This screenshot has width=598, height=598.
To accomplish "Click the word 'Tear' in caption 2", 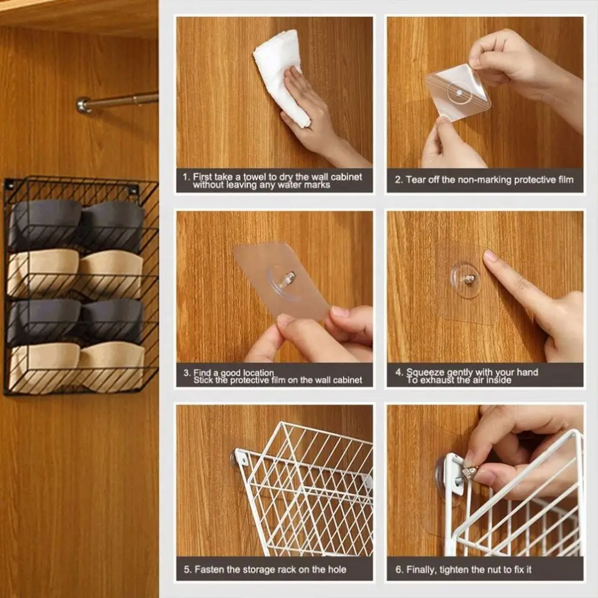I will click(x=416, y=180).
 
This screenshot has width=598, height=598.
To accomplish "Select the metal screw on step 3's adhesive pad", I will click(x=289, y=278).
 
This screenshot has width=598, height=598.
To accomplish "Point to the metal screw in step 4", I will click(x=469, y=278).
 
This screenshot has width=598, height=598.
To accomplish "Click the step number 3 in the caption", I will click(x=186, y=373).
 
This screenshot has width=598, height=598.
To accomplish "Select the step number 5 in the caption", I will click(x=186, y=569).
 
